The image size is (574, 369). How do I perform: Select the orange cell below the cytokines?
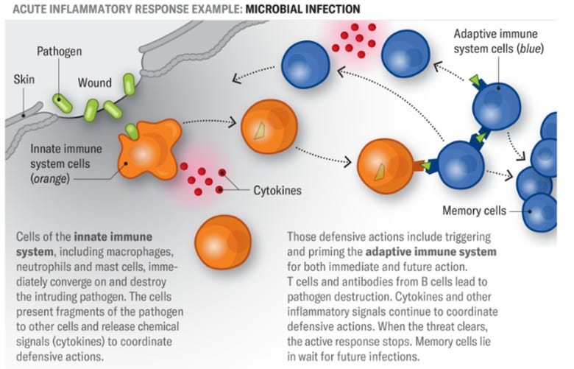(x=223, y=242)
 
